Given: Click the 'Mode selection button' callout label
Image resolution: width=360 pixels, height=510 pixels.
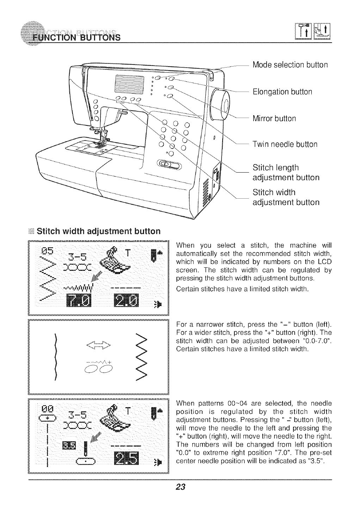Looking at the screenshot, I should pyautogui.click(x=290, y=65).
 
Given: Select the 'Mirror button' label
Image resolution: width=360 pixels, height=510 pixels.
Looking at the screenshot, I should pyautogui.click(x=274, y=118).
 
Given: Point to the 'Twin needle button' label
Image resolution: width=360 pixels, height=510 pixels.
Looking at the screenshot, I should pyautogui.click(x=285, y=144).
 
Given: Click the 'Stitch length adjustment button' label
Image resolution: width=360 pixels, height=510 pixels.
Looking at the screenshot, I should pyautogui.click(x=286, y=172).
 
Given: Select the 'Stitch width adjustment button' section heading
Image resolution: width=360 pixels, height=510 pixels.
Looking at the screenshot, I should pyautogui.click(x=98, y=231).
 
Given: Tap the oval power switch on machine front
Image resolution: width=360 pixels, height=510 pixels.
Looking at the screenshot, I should pyautogui.click(x=170, y=165).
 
